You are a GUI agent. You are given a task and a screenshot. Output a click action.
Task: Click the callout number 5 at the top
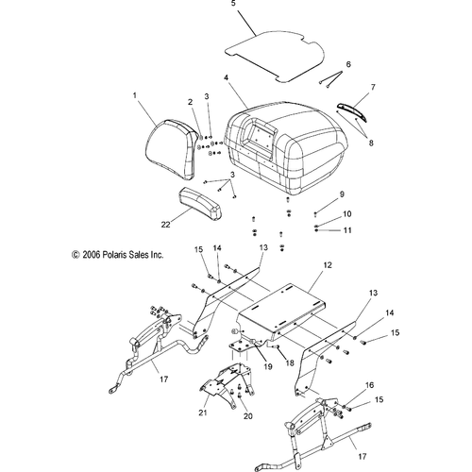[233, 4]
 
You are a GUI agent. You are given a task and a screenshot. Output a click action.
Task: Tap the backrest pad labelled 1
[172, 149]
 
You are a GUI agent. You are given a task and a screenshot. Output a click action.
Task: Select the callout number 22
[166, 225]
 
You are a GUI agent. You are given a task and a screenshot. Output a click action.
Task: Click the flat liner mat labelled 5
[275, 56]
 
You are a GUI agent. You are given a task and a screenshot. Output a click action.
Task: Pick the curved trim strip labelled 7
[352, 111]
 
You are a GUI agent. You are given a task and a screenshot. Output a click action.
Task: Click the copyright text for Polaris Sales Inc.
[118, 254]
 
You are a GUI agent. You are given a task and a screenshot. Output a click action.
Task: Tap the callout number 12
[328, 265]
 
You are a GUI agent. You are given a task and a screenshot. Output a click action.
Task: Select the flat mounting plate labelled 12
[281, 312]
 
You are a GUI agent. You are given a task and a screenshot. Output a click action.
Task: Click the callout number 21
[203, 412]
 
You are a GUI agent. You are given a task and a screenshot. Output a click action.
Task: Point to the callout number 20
[248, 416]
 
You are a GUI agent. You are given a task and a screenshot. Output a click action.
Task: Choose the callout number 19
[268, 366]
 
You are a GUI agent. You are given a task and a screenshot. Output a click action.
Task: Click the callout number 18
[290, 362]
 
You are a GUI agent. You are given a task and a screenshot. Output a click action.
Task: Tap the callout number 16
[369, 385]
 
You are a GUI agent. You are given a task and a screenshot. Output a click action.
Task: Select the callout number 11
[347, 230]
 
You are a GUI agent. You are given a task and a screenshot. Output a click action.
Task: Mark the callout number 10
[346, 214]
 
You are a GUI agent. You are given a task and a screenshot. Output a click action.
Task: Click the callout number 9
[342, 194]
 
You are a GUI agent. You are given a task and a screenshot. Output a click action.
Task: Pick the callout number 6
[348, 64]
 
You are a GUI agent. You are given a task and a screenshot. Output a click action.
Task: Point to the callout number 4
[226, 77]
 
